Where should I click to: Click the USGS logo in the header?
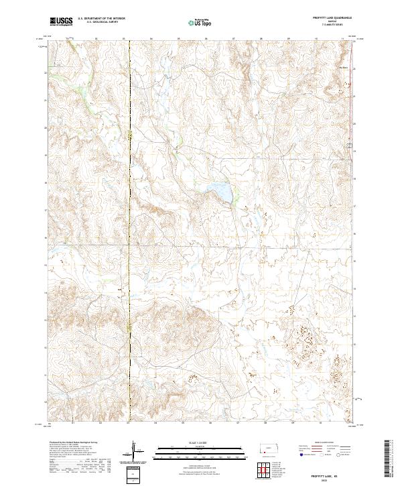(62, 21)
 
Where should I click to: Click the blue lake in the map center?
(220, 192)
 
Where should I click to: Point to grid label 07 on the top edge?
(232, 39)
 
